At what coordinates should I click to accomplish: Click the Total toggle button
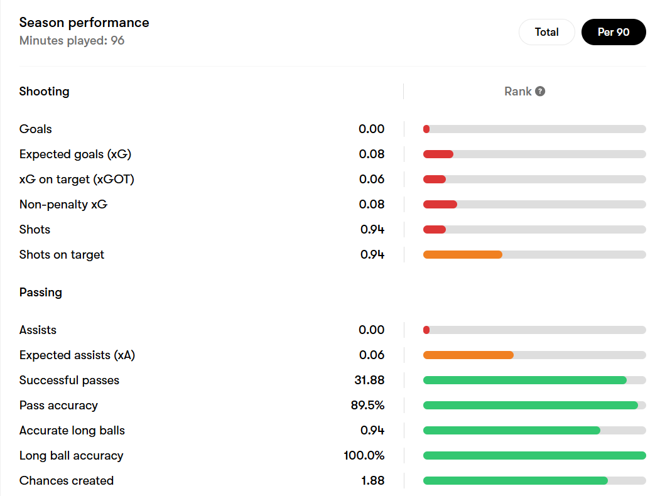tap(546, 32)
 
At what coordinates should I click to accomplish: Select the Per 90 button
tap(614, 32)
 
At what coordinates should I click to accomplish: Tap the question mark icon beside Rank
tap(540, 91)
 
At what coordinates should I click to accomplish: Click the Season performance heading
tap(84, 23)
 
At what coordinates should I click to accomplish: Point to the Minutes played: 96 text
tap(72, 41)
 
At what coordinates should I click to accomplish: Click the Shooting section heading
tap(44, 91)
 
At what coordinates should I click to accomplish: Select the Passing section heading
tap(40, 292)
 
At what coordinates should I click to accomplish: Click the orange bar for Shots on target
tap(462, 254)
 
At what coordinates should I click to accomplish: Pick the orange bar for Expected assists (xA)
tap(468, 355)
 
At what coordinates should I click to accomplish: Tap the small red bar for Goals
tap(426, 129)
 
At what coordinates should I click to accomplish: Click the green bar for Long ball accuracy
tap(534, 455)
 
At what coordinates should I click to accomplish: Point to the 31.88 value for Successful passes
tap(369, 380)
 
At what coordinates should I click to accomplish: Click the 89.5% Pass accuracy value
tap(367, 405)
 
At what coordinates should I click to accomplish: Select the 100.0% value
tap(364, 455)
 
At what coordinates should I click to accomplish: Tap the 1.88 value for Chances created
tap(372, 480)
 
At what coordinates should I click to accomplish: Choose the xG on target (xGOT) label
tap(77, 179)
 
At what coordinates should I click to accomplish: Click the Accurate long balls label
tap(72, 430)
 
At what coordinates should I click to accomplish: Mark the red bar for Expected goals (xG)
tap(438, 154)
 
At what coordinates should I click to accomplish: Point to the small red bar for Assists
tap(426, 330)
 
